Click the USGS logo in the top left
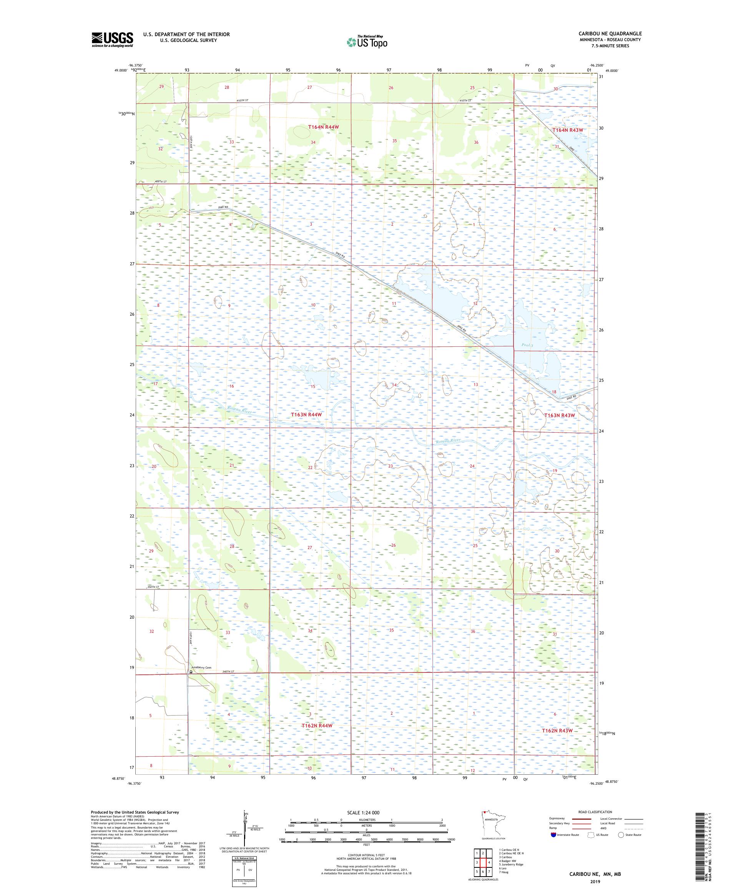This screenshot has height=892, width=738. pyautogui.click(x=112, y=40)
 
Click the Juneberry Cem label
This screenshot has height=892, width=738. pyautogui.click(x=202, y=668)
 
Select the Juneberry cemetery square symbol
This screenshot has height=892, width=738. pyautogui.click(x=191, y=672)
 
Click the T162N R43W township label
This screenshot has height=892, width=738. pyautogui.click(x=557, y=730)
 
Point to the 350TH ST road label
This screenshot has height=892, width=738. pyautogui.click(x=153, y=587)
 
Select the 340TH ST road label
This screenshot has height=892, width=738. pyautogui.click(x=228, y=671)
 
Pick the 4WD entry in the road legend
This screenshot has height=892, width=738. pyautogui.click(x=604, y=828)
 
